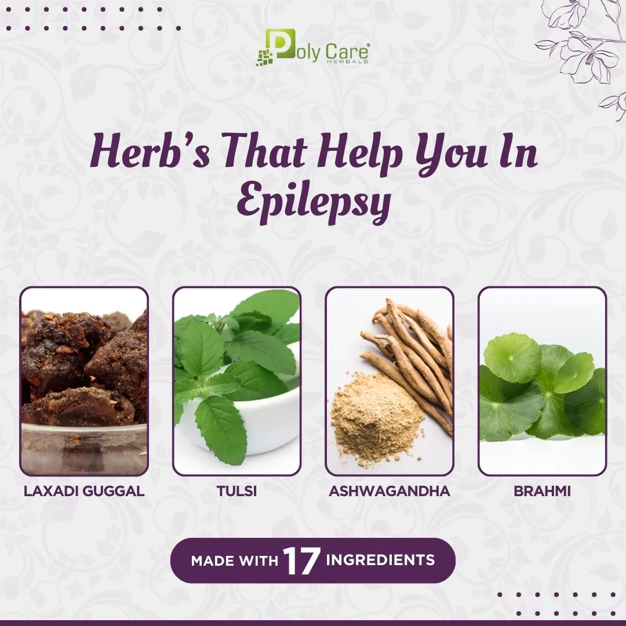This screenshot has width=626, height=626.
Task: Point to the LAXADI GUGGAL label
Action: tap(84, 491)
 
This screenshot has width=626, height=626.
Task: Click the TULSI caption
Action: tap(236, 491)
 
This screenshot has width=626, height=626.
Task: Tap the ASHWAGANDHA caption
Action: tap(390, 491)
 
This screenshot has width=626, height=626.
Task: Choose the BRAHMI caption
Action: tap(542, 491)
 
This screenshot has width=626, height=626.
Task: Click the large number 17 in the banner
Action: tap(301, 561)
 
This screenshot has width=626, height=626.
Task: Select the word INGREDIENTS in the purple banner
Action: tap(380, 560)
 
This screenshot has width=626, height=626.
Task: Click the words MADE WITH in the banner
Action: tap(234, 561)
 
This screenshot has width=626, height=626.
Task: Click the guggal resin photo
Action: tap(84, 381)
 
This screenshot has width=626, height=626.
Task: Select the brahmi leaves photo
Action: tap(542, 381)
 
